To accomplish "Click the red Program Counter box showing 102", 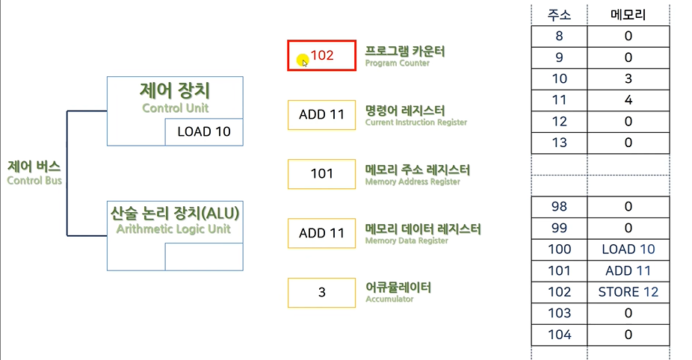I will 322,55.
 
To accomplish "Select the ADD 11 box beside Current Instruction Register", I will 322,114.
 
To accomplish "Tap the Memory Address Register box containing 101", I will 322,173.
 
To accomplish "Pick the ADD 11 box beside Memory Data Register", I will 322,233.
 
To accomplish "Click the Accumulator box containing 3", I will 322,292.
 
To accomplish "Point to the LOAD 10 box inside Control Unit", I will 204,132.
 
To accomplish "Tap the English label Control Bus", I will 34,180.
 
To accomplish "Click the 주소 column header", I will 560,15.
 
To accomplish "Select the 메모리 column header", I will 628,15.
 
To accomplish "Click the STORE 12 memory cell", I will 628,292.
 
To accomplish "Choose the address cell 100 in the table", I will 559,249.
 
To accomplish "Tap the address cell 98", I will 559,207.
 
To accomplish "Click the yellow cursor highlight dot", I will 301,60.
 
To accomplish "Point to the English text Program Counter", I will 397,64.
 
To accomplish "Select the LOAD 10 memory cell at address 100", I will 628,249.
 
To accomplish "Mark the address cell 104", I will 559,335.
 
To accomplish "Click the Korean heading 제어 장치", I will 175,91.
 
